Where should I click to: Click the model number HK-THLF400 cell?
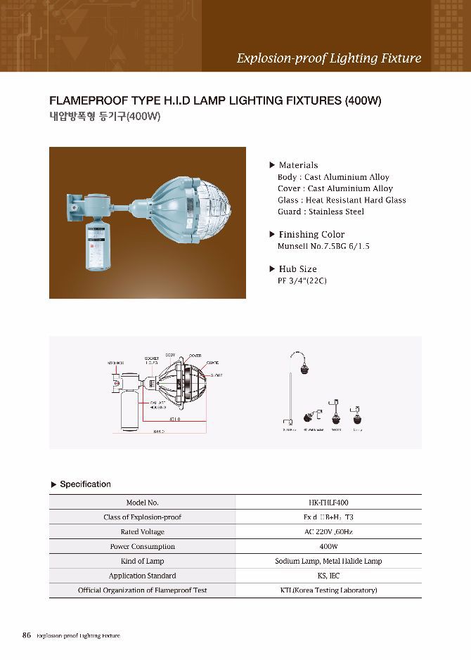coord(328,503)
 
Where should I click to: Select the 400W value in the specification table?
coord(328,546)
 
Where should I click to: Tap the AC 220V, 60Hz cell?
coord(328,532)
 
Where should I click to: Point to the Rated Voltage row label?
coord(142,532)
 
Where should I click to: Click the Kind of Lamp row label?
coord(142,561)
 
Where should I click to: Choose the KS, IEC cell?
coord(328,576)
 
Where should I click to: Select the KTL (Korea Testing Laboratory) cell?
coord(328,590)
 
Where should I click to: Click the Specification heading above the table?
coord(85,484)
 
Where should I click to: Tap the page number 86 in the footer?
coord(27,635)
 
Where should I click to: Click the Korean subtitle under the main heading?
coord(105,117)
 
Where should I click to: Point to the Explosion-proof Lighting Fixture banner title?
coord(328,58)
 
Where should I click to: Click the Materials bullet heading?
coord(298,165)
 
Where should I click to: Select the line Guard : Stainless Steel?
coord(321,212)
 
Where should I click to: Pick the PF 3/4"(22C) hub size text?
coord(302,280)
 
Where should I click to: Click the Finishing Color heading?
coord(311,234)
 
